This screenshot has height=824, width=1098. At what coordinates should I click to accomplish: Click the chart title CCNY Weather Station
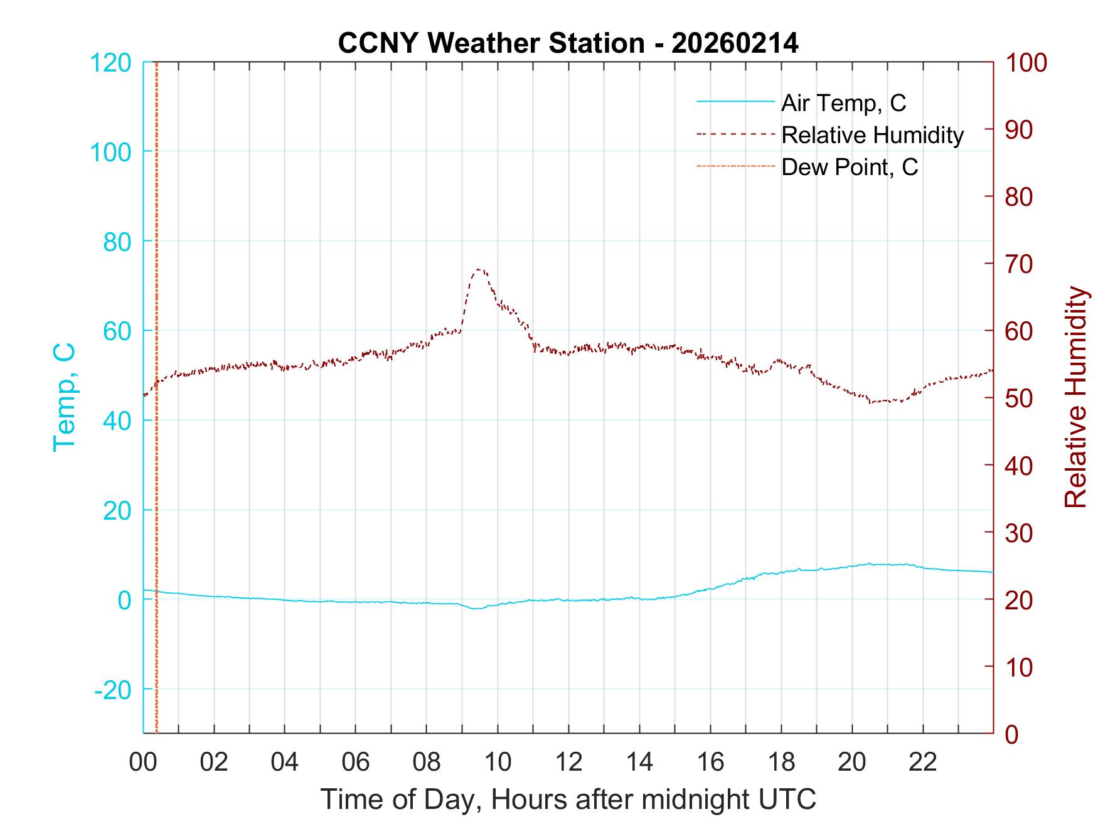[x=568, y=43]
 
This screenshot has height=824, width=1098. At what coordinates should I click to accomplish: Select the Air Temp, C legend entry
[x=843, y=102]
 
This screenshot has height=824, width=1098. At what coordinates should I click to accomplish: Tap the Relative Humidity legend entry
[x=872, y=135]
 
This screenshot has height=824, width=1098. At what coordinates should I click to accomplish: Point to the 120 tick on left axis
[x=110, y=63]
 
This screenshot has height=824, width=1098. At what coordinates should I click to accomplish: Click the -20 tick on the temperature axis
[x=113, y=690]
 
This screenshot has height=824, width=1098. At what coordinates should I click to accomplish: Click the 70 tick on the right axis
[x=1019, y=264]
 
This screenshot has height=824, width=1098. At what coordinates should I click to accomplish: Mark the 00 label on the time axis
[x=143, y=762]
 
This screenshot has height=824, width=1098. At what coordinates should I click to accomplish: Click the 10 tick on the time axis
[x=498, y=762]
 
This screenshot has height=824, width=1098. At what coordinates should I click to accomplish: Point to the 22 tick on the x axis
[x=923, y=762]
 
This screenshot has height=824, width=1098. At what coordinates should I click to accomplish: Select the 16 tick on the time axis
[x=710, y=762]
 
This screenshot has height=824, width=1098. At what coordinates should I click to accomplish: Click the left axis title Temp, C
[x=64, y=397]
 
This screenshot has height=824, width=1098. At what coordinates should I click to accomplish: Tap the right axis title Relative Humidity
[x=1075, y=397]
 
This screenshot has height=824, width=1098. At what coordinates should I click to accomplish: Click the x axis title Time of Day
[x=568, y=799]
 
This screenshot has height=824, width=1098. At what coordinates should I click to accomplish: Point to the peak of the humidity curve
[x=479, y=269]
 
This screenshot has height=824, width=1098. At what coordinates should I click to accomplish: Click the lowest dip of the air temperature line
[x=477, y=609]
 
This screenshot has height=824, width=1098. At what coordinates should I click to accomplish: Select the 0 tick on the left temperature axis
[x=124, y=600]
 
